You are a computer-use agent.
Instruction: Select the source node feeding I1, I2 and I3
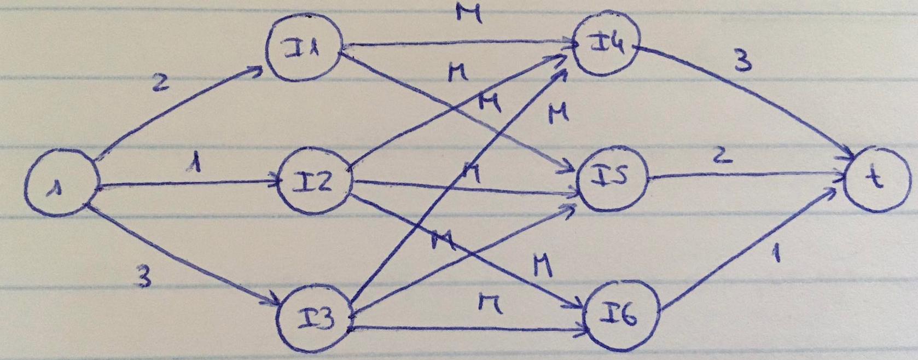click(61, 188)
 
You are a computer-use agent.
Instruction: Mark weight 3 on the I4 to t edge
click(742, 62)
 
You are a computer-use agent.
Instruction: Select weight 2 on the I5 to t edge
click(721, 156)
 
